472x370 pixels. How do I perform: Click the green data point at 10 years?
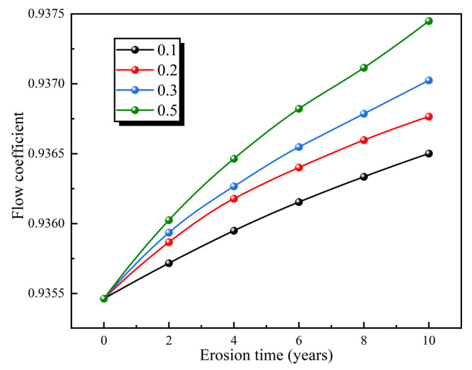point(429,21)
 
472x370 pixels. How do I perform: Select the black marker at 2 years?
point(169,263)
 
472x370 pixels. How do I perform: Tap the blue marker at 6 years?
point(299,147)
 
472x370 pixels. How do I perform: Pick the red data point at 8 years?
point(364,140)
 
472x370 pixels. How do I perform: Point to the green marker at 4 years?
point(234,159)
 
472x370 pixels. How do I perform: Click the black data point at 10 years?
point(429,153)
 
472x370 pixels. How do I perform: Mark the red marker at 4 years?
point(234,198)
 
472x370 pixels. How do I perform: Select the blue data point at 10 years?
point(429,80)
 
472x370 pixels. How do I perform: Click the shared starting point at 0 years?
point(104,299)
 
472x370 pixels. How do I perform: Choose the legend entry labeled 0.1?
point(167,50)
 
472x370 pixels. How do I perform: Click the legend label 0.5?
point(167,110)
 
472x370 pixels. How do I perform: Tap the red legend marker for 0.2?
point(135,70)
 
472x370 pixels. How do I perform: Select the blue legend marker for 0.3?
point(135,90)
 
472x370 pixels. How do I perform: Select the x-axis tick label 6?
point(299,341)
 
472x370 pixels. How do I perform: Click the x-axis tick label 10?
point(429,341)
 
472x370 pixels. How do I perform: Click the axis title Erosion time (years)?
point(266,355)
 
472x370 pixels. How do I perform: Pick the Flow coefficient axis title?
point(18,166)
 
